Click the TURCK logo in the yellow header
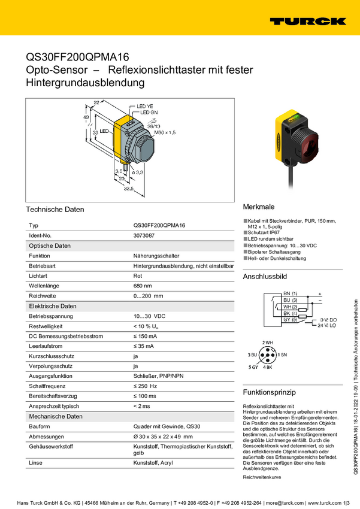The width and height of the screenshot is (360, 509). [307, 21]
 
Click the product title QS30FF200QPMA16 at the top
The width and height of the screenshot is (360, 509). [77, 57]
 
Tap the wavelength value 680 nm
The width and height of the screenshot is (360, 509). [143, 286]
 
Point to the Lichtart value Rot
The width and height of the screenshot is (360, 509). [138, 275]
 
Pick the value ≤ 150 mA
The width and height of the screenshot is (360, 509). [146, 336]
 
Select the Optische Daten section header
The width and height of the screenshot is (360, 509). [50, 246]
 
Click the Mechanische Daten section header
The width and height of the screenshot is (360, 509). [56, 416]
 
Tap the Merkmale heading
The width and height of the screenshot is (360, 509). [259, 205]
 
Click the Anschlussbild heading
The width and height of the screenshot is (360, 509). [265, 277]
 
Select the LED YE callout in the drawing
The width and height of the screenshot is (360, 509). [145, 106]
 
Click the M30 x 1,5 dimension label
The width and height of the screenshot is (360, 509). [165, 132]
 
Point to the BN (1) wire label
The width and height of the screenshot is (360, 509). [290, 293]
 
